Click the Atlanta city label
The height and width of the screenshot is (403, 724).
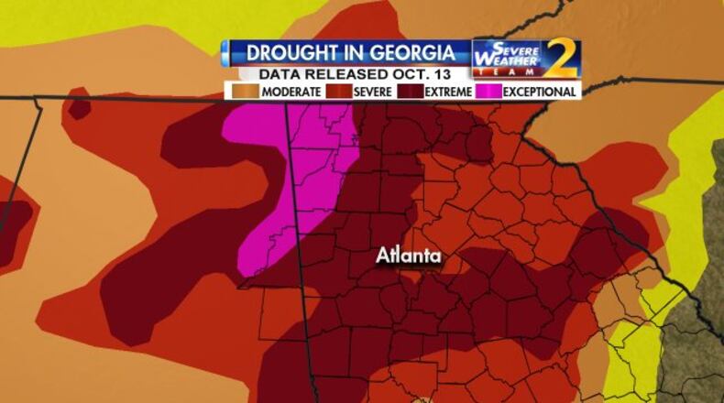(409, 256)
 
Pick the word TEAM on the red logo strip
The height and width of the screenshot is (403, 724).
(509, 72)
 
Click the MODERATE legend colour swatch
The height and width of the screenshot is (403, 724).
(245, 92)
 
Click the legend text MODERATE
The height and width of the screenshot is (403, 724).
(291, 92)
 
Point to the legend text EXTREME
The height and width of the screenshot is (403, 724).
(449, 92)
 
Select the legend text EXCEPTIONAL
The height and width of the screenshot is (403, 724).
(540, 92)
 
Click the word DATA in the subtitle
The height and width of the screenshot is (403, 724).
(280, 74)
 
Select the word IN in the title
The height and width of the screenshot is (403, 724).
(348, 52)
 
